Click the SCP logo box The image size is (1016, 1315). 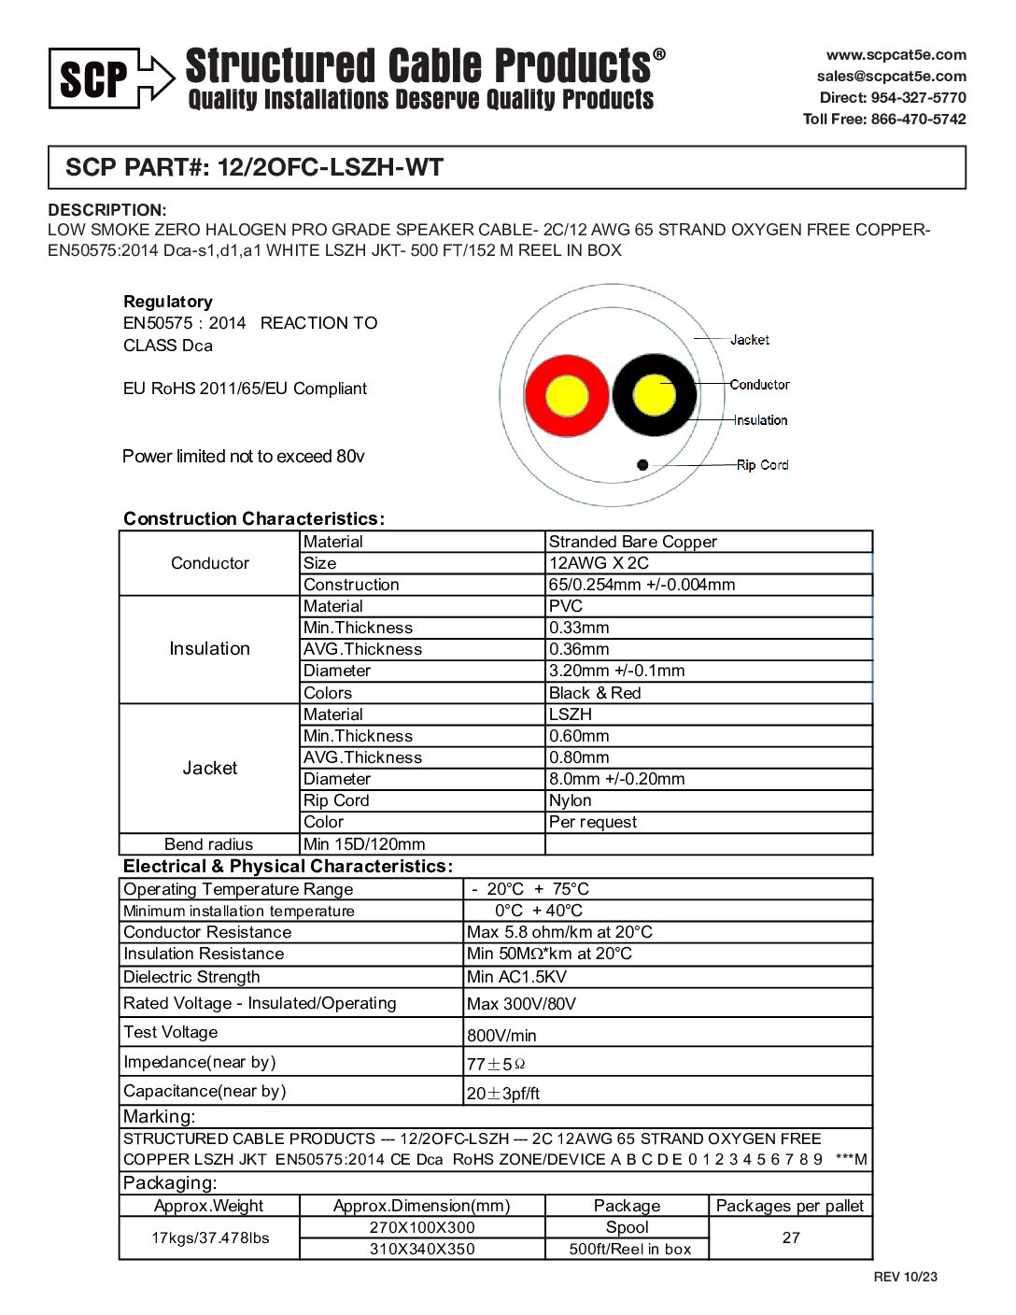pos(93,78)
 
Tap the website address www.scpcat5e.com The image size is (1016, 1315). pos(896,55)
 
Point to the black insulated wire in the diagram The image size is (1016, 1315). pos(655,395)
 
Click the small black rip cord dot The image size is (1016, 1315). pos(642,464)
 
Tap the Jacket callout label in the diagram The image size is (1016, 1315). pos(749,340)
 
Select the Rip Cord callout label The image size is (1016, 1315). pos(762,465)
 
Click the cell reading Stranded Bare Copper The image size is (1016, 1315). pos(633,542)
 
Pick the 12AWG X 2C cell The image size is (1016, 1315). pos(599,563)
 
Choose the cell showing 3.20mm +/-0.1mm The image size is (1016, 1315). pos(616,671)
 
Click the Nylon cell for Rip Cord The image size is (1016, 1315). pos(570,800)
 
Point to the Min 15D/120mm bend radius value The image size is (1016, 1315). pos(364,844)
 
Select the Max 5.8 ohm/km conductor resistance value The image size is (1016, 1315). pos(559,932)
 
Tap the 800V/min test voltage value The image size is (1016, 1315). pos(501,1035)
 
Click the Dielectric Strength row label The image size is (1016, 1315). pos(191,977)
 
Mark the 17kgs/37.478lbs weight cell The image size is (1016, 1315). pos(210,1237)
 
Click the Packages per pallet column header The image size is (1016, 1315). pos(789,1206)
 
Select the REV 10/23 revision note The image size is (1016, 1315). pos(905,1277)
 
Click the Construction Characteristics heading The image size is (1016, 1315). pos(253,519)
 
